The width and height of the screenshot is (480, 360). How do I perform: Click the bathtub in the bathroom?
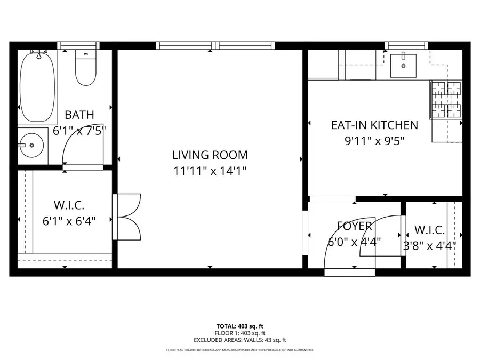(37, 87)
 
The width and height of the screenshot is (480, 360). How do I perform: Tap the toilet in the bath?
(85, 68)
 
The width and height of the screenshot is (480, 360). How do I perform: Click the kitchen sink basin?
(403, 65)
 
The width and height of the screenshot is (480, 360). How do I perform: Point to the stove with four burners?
(445, 100)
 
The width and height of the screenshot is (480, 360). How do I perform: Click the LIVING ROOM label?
(210, 155)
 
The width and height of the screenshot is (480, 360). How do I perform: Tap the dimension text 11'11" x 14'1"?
(210, 171)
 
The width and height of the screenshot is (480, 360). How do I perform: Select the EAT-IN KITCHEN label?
(374, 125)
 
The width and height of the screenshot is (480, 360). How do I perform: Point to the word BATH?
(79, 115)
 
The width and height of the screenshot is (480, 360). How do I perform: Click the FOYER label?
(354, 226)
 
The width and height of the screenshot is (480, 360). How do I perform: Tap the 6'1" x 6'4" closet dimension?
(70, 220)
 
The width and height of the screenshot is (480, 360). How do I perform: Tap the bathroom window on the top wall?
(78, 45)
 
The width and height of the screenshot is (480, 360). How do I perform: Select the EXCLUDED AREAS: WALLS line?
(239, 340)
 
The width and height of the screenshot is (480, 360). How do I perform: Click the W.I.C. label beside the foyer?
(430, 230)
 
